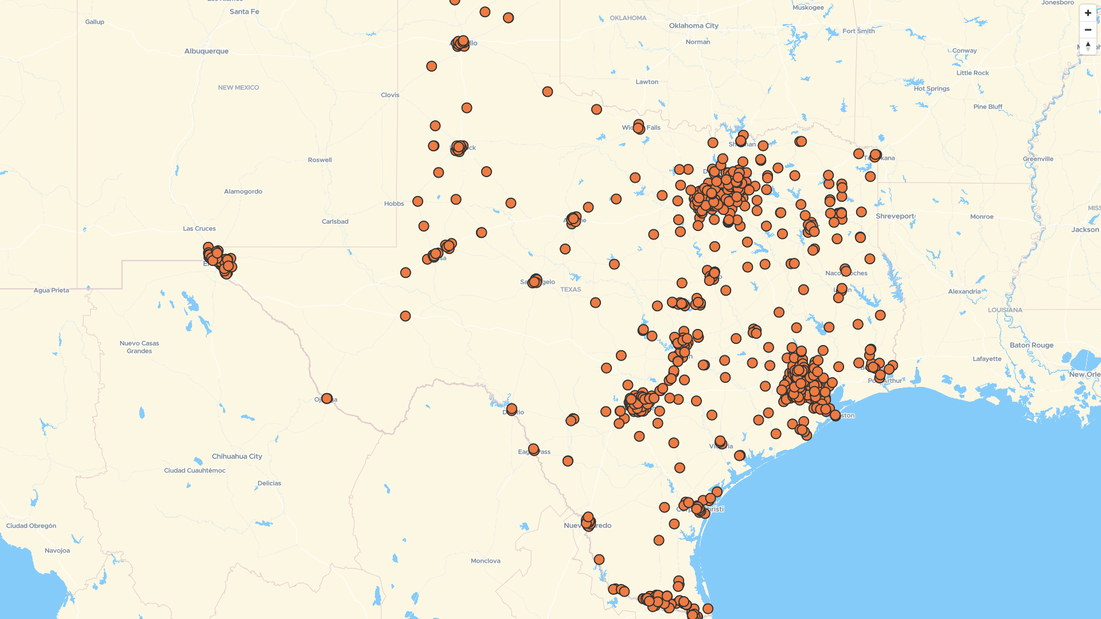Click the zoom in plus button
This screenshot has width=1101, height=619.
[x=1088, y=13]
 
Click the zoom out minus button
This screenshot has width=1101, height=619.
[x=1088, y=30]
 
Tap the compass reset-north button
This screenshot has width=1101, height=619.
[x=1088, y=46]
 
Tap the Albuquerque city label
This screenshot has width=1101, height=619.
[x=206, y=51]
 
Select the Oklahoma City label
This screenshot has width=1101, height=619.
[x=693, y=26]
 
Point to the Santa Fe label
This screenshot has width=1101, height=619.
[x=244, y=11]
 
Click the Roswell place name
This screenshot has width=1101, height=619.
[x=319, y=160]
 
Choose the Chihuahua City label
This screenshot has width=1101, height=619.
[x=237, y=457]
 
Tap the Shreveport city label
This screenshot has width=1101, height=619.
[x=895, y=217]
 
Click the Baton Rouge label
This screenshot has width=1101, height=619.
[x=1031, y=346]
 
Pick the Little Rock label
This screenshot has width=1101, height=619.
[x=972, y=73]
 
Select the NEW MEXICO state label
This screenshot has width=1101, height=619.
[x=238, y=88]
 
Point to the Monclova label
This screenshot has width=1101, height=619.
[x=485, y=561]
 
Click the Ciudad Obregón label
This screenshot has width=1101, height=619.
[x=31, y=526]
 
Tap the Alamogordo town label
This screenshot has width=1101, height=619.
[x=243, y=191]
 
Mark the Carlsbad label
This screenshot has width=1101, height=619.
[x=335, y=222]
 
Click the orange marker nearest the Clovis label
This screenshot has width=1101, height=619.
[x=431, y=66]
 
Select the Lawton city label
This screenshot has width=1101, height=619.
[x=647, y=82]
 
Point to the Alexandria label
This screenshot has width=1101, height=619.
[x=964, y=292]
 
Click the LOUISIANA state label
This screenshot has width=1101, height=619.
[x=1005, y=310]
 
